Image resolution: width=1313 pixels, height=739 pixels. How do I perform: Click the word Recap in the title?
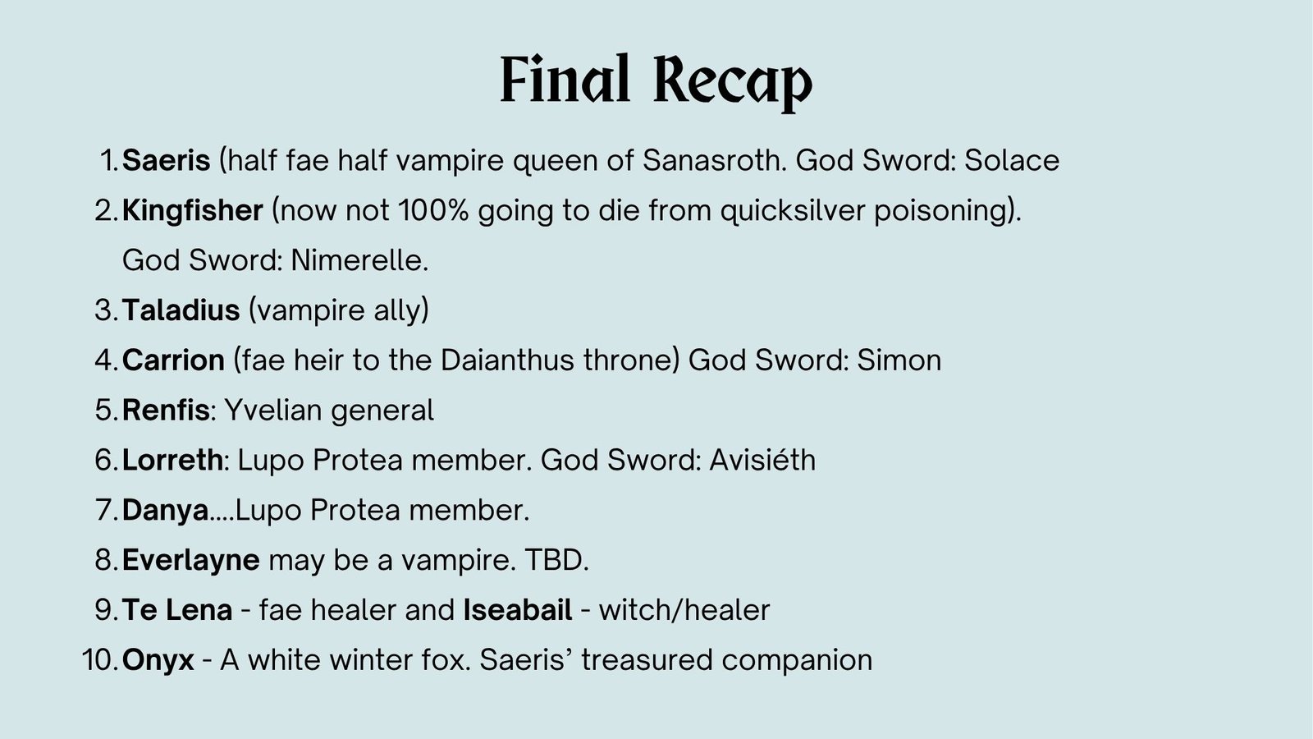point(733,82)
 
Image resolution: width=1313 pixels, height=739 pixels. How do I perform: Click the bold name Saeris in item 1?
point(166,160)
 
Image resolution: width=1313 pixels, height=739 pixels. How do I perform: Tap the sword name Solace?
point(1012,160)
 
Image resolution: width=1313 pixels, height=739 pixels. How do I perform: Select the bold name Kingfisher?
point(192,210)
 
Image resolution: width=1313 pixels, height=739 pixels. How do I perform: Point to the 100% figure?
point(433,210)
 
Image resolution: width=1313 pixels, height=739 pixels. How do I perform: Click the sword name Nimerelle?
point(359,260)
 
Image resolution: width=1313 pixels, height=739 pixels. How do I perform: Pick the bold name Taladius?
point(181,310)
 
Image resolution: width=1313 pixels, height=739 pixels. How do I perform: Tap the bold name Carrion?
point(173,360)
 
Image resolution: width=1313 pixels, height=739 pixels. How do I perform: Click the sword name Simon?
point(899,360)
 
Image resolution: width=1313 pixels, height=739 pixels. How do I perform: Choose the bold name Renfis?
point(165,410)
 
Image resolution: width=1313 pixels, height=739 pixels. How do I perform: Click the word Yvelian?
point(273,410)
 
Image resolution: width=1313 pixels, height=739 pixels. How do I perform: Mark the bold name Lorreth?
point(172,460)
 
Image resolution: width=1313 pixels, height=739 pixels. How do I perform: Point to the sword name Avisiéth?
point(762,460)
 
